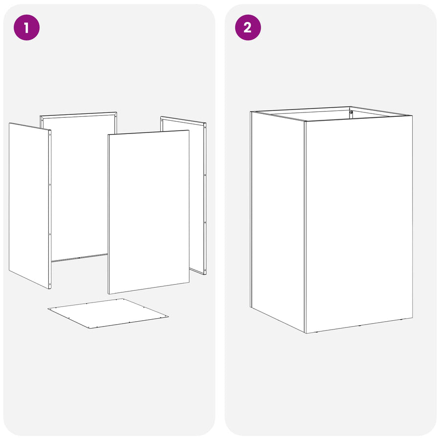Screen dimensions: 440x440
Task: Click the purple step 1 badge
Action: tap(27, 27)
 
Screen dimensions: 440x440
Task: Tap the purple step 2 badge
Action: tap(248, 27)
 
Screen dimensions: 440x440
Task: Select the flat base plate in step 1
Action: tap(108, 313)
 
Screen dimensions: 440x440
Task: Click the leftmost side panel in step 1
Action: tap(30, 206)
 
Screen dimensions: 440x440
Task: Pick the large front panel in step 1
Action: tap(149, 212)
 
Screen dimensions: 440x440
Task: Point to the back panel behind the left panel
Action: tap(79, 187)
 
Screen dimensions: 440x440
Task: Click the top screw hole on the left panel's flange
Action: tap(50, 135)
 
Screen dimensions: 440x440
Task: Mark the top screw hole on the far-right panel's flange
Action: tap(205, 128)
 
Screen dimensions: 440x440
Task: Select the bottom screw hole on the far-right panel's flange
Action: tap(205, 270)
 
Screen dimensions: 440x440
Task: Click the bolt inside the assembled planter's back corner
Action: tap(351, 112)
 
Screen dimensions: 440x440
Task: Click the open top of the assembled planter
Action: tap(331, 114)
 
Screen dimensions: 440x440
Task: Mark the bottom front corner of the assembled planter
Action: tap(306, 333)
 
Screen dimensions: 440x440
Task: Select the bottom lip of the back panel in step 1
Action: tap(79, 258)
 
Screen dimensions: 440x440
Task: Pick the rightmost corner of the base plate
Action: tap(168, 316)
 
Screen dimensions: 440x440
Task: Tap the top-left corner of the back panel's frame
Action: tap(40, 116)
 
